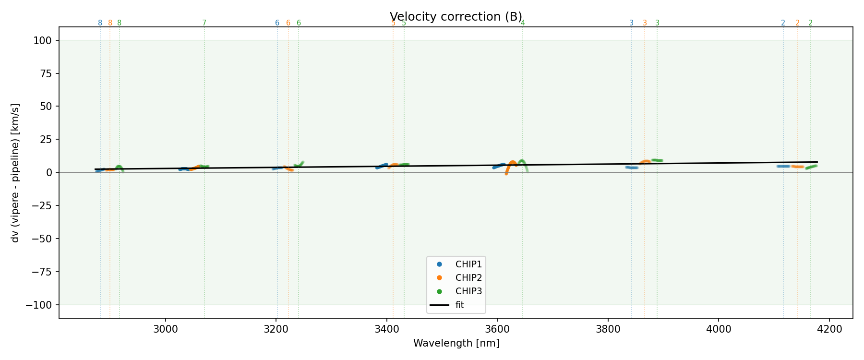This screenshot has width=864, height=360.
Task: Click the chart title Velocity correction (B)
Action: pos(456,17)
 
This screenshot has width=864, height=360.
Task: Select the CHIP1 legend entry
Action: pos(468,264)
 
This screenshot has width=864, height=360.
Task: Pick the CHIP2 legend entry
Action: pos(468,277)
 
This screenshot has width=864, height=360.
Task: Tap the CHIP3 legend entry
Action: pos(468,291)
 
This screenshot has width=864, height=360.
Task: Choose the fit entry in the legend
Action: pos(459,305)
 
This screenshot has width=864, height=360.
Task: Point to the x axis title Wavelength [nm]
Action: pos(456,343)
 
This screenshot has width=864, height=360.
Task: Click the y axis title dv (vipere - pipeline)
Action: pos(15,172)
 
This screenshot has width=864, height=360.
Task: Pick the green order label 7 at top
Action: pos(204,23)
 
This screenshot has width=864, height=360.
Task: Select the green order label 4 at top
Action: pos(523,23)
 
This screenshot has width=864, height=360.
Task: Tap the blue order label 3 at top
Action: pos(631,23)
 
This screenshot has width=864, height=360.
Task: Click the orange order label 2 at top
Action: pos(797,23)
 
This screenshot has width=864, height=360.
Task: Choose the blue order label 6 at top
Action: pos(277,23)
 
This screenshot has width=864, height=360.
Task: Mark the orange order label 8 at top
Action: pos(110,23)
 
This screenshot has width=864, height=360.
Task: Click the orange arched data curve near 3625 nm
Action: pos(512,163)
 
